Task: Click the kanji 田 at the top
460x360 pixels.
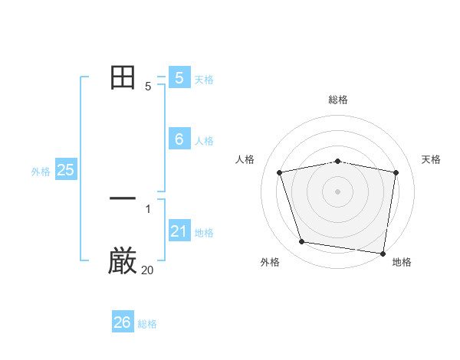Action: point(123,77)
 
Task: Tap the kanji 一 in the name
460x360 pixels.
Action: point(123,198)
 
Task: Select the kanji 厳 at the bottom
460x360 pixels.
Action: point(123,261)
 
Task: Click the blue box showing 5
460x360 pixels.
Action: point(179,77)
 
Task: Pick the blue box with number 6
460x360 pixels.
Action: point(179,139)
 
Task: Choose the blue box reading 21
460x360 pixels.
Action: point(179,231)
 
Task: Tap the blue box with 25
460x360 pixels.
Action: point(65,170)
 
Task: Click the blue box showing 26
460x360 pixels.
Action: point(123,322)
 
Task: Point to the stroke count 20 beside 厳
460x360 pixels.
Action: point(147,270)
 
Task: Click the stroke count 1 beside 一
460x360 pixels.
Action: point(147,208)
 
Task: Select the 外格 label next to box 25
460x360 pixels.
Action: point(41,172)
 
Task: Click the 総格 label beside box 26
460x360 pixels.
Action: point(147,324)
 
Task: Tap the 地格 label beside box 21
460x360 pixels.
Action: point(204,233)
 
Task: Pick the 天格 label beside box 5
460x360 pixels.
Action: point(204,80)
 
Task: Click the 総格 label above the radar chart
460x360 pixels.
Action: point(337,100)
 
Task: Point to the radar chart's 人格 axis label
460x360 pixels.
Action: point(245,159)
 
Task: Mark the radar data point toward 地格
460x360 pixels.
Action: point(383,253)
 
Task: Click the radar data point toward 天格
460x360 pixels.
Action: point(396,172)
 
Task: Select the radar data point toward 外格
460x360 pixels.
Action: point(302,242)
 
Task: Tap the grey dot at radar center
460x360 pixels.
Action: point(337,191)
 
